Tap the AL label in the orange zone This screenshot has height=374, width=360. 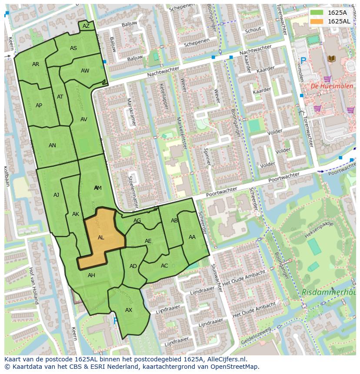pos(101,238)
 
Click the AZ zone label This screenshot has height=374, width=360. pos(86,26)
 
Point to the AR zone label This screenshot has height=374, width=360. pos(36,64)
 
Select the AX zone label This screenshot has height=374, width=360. pos(129,310)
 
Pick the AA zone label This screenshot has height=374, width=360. pos(192,237)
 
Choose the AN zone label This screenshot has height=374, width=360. pos(52,146)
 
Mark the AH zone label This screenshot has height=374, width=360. pos(91,275)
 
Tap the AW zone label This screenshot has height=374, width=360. pos(85,71)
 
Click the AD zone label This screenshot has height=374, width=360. pos(133,266)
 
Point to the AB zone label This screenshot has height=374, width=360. pos(174,221)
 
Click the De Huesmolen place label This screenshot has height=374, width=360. pos(326,86)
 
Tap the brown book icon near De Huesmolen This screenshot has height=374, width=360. pos(331,58)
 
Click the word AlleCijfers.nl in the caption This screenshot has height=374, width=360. pos(227,359)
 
